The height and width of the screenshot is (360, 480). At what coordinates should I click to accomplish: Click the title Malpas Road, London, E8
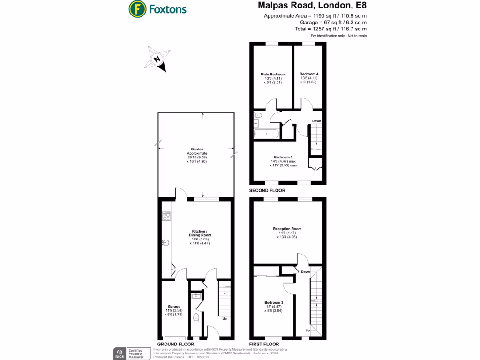pos(312,6)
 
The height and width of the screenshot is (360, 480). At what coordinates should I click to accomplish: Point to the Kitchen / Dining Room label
pos(197,232)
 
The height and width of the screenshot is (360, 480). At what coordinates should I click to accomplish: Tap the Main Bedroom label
pos(273,74)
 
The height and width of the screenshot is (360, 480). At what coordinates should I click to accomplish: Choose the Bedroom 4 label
pos(309,74)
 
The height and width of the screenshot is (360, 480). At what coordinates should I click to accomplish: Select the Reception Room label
pos(287,229)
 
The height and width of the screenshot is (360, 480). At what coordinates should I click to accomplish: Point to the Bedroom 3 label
pos(273,302)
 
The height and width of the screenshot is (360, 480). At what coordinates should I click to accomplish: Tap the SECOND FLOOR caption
pos(267,191)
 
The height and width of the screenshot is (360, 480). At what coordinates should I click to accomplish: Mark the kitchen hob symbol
pos(166,216)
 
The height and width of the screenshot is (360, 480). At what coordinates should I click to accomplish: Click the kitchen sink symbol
pos(165,242)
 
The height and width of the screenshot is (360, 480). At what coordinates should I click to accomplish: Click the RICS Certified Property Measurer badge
pos(129,353)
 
